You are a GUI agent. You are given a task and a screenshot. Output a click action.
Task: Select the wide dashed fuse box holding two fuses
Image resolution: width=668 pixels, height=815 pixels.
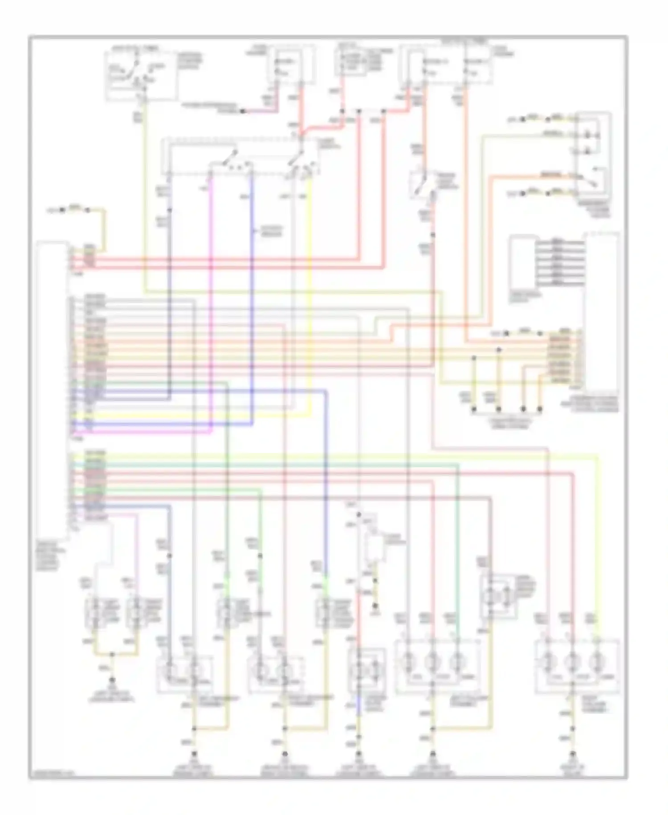(x=448, y=67)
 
